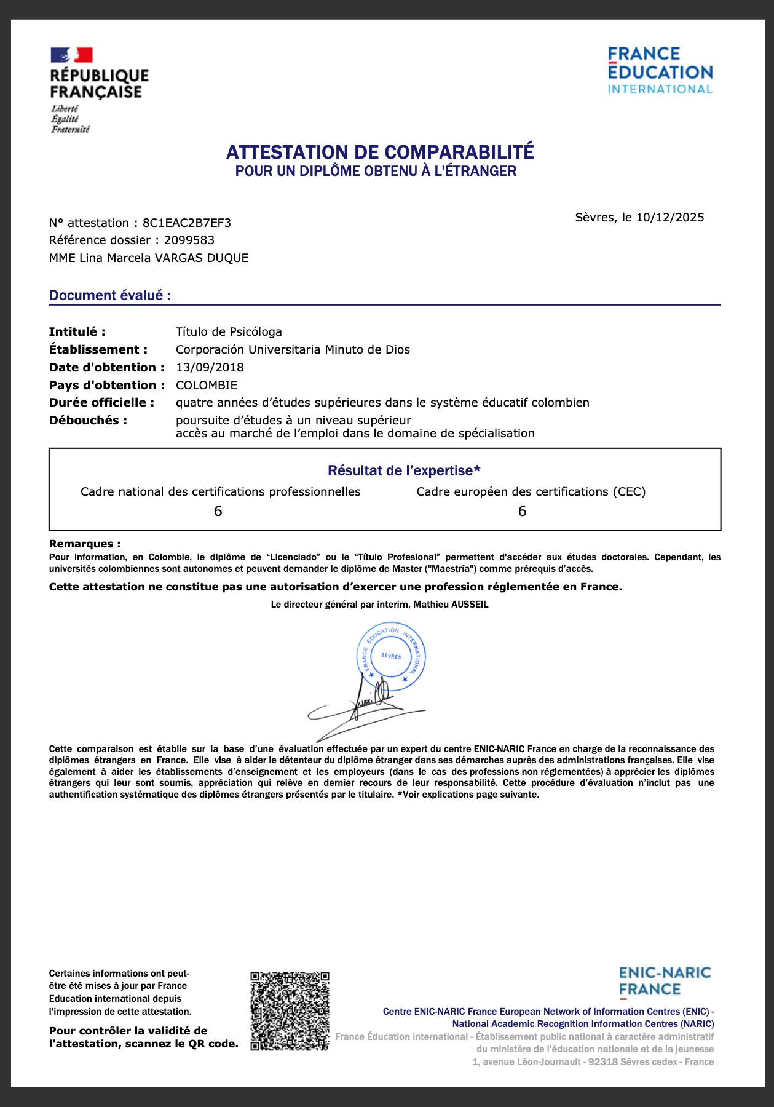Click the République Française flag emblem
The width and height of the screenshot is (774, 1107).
click(71, 55)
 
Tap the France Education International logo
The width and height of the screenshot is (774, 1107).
click(660, 71)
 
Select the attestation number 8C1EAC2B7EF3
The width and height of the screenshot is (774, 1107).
click(187, 223)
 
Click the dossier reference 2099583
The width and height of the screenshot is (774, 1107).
click(189, 240)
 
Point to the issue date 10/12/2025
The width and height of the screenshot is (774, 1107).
click(670, 217)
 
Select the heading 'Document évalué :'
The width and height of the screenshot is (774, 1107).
click(110, 295)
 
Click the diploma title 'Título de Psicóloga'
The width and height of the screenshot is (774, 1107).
click(229, 331)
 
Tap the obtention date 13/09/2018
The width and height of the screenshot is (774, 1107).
click(210, 367)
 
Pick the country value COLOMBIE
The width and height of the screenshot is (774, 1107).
click(207, 385)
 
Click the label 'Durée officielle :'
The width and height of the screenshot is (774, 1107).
click(101, 402)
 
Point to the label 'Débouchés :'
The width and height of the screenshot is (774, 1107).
click(88, 420)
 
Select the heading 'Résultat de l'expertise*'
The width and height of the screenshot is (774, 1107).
click(404, 470)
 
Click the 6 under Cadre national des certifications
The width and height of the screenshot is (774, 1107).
click(218, 511)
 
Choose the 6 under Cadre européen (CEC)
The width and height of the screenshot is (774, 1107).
click(522, 511)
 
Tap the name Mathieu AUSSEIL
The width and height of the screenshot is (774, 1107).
click(451, 605)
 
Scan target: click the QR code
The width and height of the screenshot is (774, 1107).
click(290, 1010)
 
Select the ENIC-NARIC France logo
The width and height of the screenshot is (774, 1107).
click(665, 981)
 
